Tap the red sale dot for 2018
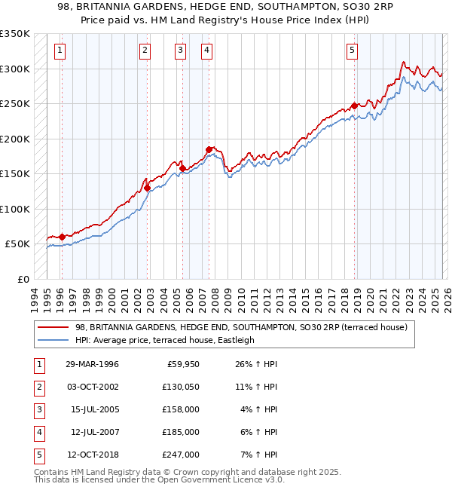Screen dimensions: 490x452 point(354,106)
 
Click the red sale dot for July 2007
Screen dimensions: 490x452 point(209,149)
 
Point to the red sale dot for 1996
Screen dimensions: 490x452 point(62,237)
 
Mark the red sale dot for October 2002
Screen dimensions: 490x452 point(147,188)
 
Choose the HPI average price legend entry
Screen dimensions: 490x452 point(165,340)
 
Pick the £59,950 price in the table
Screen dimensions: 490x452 point(182,364)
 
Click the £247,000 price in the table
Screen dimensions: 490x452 point(182,455)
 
